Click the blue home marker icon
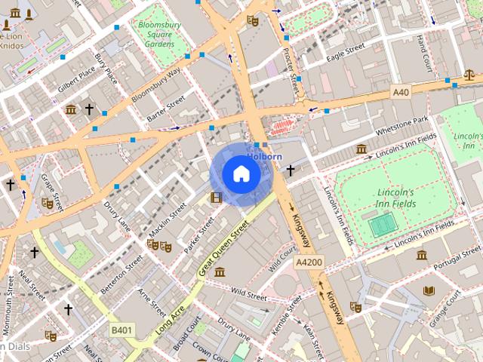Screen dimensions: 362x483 (x=241, y=174)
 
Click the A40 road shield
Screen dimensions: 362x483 (x=401, y=91)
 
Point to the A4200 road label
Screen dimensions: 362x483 (x=309, y=262)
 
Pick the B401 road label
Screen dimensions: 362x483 (x=122, y=330)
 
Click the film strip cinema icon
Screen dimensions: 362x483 (x=217, y=198)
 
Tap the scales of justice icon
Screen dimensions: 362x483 (x=470, y=75)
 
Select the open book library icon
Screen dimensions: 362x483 (x=430, y=291)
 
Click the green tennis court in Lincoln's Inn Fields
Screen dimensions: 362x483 (x=383, y=224)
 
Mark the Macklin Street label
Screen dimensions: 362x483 (x=167, y=219)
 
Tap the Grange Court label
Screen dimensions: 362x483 (x=445, y=311)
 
